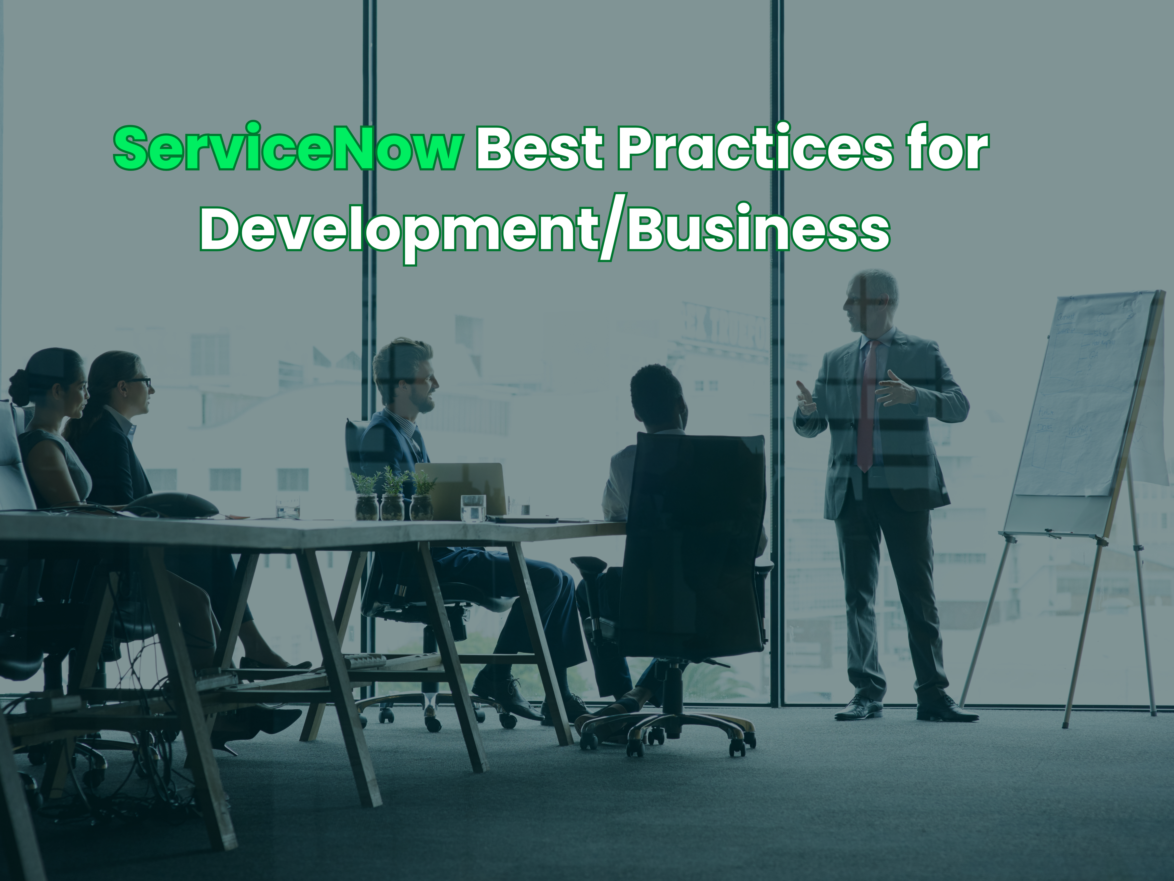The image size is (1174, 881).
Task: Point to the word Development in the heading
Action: point(398,231)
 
